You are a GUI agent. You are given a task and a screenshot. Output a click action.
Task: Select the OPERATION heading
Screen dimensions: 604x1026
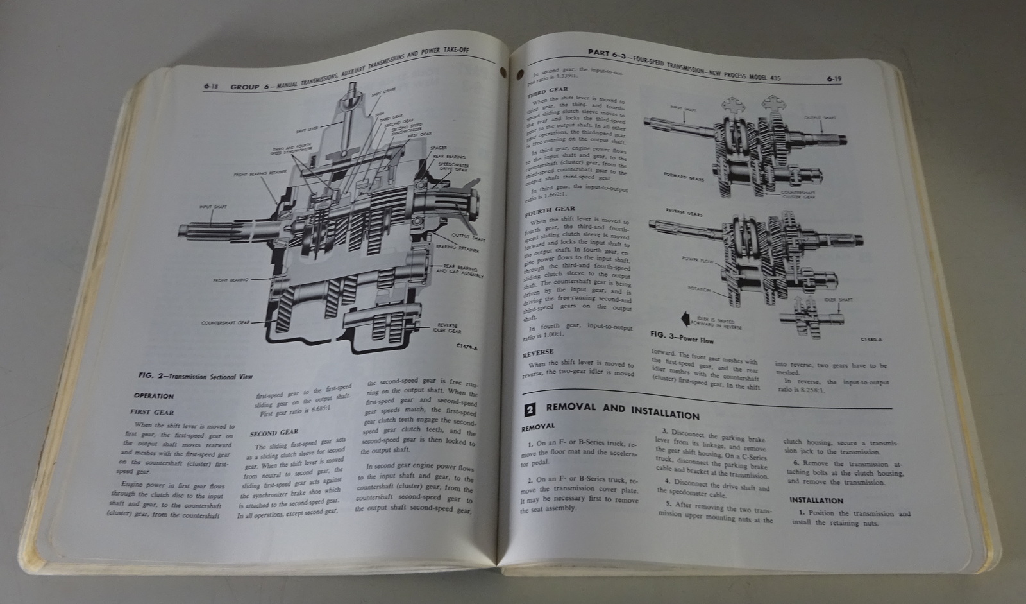coord(155,396)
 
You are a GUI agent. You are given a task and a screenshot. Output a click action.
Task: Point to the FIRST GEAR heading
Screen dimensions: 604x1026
coord(153,412)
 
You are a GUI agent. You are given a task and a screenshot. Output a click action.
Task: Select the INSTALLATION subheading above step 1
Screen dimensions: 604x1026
coord(816,500)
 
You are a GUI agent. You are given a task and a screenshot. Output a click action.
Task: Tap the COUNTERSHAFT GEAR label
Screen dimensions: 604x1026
coord(224,323)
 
